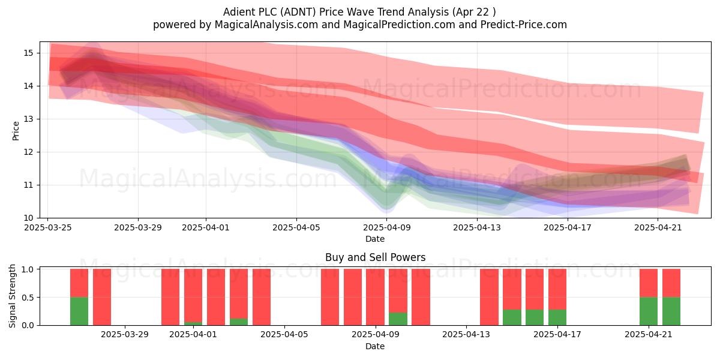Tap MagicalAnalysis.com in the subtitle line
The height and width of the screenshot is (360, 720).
click(266, 25)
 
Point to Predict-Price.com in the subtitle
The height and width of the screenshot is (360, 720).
click(524, 25)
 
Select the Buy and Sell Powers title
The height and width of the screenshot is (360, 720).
click(375, 257)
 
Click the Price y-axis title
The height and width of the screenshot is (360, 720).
click(16, 131)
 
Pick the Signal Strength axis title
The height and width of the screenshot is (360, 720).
click(12, 296)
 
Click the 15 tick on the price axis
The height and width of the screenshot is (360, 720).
click(28, 53)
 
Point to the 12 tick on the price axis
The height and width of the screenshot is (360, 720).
click(28, 152)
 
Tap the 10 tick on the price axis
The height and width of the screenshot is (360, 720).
click(28, 218)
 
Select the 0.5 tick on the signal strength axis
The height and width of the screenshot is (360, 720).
click(28, 298)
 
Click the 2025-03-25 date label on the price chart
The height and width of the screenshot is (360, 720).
click(48, 227)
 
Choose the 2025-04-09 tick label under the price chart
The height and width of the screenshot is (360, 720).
click(386, 227)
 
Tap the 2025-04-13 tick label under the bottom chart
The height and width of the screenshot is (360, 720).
click(466, 334)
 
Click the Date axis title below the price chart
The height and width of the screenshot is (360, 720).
click(375, 239)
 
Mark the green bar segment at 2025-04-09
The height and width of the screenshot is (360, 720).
click(398, 319)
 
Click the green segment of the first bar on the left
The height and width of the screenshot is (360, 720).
click(79, 311)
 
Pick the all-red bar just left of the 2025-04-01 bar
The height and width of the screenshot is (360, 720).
click(170, 297)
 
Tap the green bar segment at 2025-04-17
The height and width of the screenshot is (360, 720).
click(557, 317)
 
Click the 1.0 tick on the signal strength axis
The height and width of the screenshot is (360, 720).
click(28, 269)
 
